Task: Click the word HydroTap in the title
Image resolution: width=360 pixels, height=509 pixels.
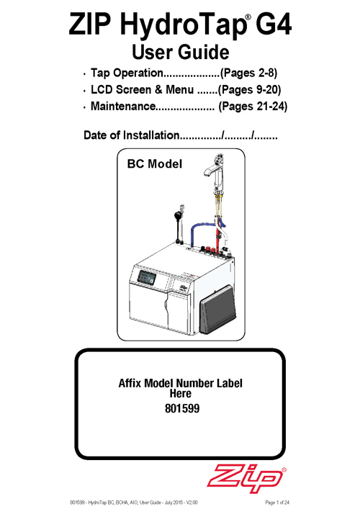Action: (183, 25)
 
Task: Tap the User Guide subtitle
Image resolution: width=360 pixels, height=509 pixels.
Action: (180, 52)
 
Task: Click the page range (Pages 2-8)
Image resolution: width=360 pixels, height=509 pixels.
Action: (248, 73)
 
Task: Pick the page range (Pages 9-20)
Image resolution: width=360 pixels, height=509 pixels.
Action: (249, 90)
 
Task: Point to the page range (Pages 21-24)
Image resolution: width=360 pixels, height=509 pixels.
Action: (253, 107)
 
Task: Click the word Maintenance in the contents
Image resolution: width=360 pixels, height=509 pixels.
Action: (123, 106)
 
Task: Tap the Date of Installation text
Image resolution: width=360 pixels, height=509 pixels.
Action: (132, 135)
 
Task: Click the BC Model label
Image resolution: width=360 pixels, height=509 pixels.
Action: (155, 164)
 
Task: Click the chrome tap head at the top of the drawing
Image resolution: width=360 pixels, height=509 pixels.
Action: (215, 171)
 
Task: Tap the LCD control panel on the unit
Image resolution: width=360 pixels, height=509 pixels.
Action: (146, 277)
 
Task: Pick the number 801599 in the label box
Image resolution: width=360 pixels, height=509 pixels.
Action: (182, 408)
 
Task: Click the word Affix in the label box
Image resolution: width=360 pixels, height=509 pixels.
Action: (130, 383)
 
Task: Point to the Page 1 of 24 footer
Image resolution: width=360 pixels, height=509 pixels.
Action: (277, 503)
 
